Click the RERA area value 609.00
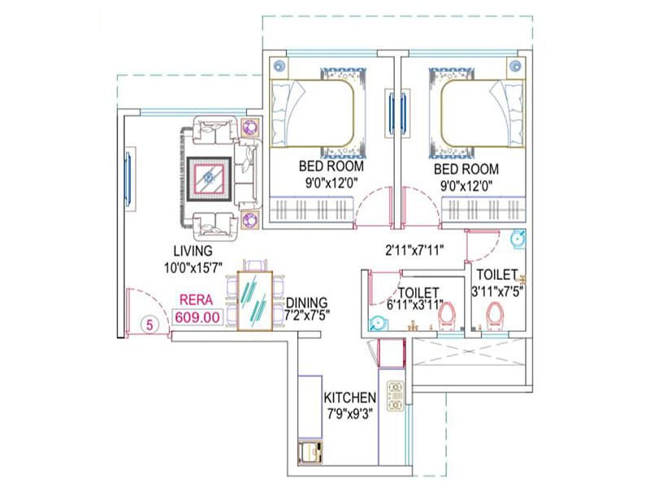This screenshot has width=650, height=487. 197,317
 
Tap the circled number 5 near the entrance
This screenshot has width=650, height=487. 149,323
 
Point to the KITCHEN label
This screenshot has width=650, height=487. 349,399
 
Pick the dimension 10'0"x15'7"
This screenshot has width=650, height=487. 192,265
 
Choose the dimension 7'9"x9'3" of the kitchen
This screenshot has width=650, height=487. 349,414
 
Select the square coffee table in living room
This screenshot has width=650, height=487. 210,177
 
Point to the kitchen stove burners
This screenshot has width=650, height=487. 396,395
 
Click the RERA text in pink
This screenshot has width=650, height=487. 197,300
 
